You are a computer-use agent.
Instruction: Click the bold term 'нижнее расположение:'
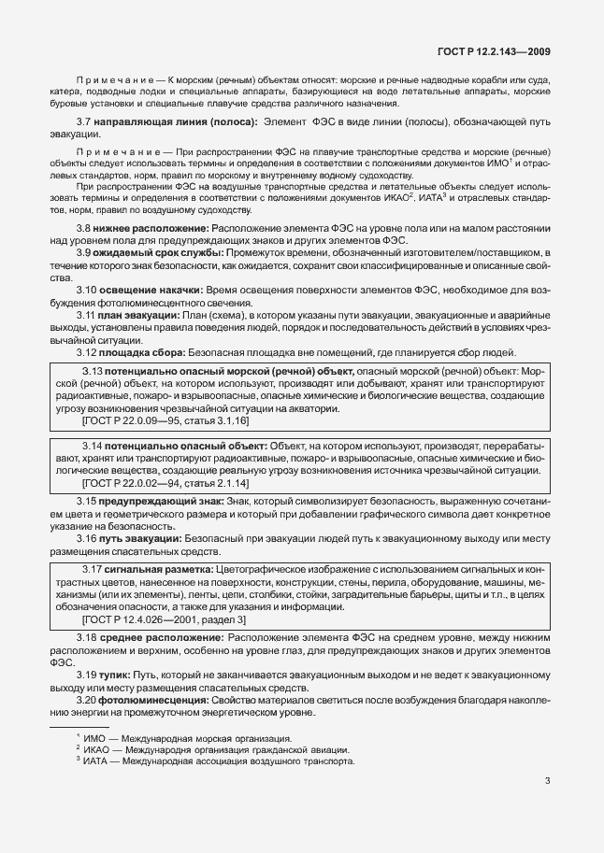pyautogui.click(x=151, y=228)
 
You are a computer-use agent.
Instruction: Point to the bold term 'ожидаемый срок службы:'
pyautogui.click(x=156, y=254)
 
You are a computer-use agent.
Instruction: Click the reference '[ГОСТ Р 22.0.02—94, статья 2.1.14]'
pyautogui.click(x=166, y=482)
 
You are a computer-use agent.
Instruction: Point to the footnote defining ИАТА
pyautogui.click(x=215, y=761)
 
